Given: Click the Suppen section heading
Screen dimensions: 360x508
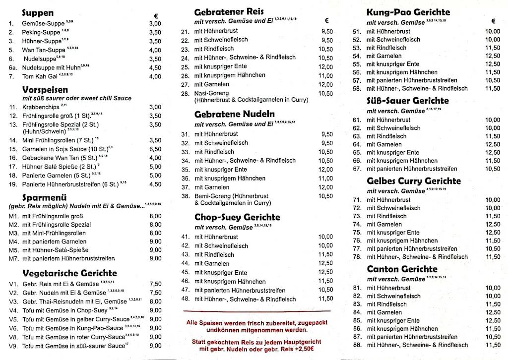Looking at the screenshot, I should [x=38, y=13].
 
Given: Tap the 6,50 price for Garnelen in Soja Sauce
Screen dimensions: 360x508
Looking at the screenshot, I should [x=155, y=149].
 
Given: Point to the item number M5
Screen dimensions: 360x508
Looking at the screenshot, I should [x=13, y=250].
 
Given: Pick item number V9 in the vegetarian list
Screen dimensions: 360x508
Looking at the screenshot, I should [x=13, y=346].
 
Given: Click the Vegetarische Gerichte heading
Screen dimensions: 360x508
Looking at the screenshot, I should [x=69, y=273].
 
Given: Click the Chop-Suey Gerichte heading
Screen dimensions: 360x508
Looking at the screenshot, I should [x=237, y=217].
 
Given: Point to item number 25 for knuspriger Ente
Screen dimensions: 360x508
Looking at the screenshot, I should [x=185, y=67].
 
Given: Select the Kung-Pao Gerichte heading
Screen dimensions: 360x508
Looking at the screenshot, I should [x=408, y=12].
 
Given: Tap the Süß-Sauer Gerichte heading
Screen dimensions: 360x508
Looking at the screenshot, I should [x=407, y=101].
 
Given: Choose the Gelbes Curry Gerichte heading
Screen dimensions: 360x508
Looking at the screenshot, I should [x=414, y=181].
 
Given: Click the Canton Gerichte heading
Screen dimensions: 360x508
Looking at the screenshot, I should [x=402, y=269].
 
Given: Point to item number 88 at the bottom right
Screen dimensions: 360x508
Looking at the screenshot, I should [x=356, y=345].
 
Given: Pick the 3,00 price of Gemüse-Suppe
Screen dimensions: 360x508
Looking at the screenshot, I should [x=155, y=23].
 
